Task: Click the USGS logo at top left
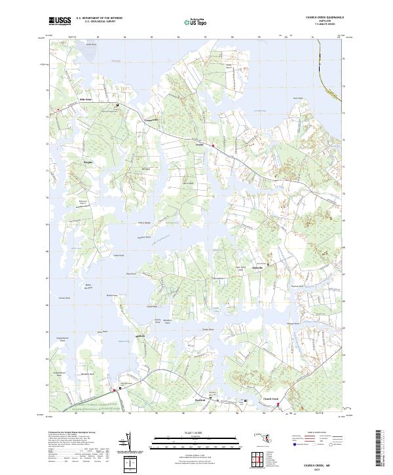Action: coord(60,21)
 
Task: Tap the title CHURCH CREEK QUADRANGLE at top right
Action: coord(323,18)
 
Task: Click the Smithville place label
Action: coord(259,268)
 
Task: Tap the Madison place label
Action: coord(139,337)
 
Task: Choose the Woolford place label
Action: coord(200,399)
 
